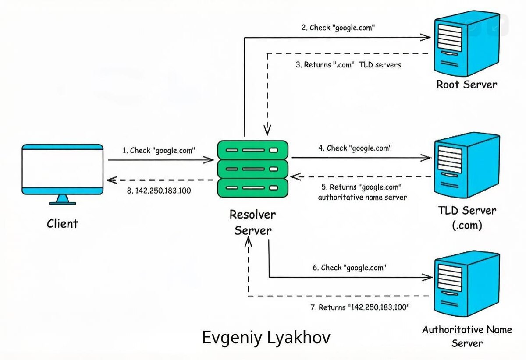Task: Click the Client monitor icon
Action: (62, 174)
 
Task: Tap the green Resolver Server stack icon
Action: (252, 169)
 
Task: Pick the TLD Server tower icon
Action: (467, 165)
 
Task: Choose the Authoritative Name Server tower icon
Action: (467, 284)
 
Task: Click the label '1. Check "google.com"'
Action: (159, 150)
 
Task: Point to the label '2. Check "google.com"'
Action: (338, 28)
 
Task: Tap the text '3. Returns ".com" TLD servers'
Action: (348, 64)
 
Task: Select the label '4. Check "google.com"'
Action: (355, 148)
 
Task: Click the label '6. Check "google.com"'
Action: (349, 268)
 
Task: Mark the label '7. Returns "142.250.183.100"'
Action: (360, 307)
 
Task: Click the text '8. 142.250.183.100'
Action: (159, 191)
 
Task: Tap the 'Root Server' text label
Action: (467, 85)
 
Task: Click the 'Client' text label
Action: (62, 223)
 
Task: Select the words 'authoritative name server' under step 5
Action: (363, 198)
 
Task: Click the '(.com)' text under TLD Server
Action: (467, 225)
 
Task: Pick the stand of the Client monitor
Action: (62, 200)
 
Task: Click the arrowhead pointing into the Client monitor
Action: (112, 180)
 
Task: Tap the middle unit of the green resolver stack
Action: (252, 169)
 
